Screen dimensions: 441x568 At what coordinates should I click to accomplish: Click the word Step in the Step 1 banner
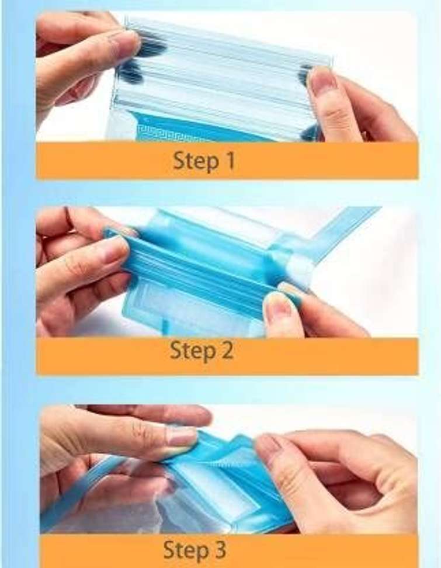[x=196, y=161]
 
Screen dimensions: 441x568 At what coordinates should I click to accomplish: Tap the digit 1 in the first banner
[x=230, y=161]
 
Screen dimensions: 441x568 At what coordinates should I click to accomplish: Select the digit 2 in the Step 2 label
[x=226, y=350]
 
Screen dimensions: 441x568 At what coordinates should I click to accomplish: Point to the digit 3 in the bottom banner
[x=218, y=549]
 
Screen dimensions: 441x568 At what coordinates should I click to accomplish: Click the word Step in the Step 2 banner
[x=192, y=351]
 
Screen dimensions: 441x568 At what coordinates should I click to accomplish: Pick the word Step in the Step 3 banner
[x=185, y=550]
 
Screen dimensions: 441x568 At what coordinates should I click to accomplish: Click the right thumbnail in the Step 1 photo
[x=321, y=79]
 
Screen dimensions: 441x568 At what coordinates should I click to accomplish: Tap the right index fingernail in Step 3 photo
[x=265, y=445]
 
